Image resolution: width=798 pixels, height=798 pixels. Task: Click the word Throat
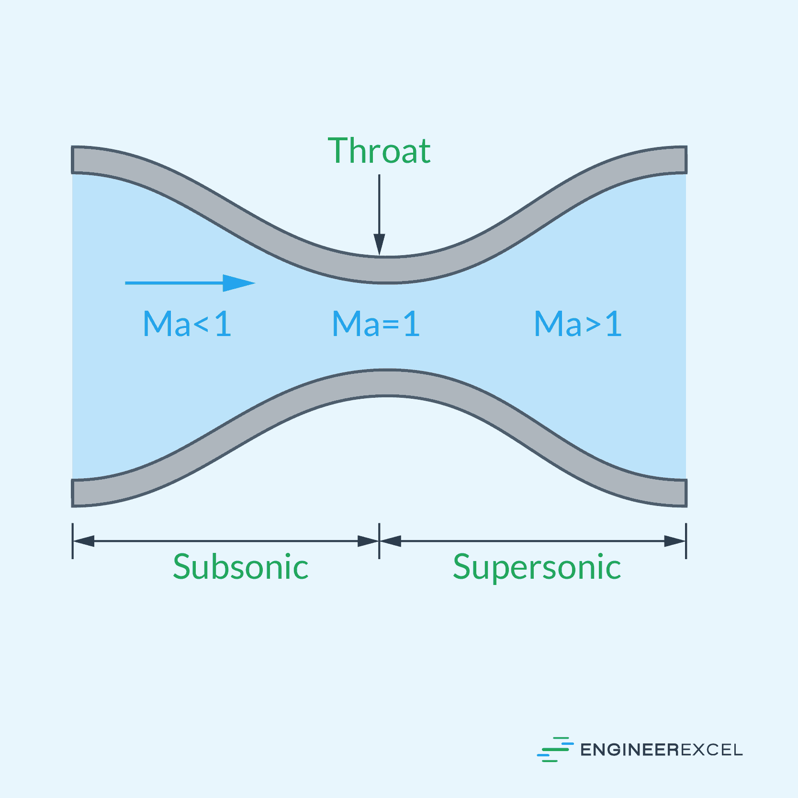click(x=379, y=150)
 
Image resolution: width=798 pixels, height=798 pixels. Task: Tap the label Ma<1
click(x=187, y=324)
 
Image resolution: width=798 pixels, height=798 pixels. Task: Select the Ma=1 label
click(x=376, y=324)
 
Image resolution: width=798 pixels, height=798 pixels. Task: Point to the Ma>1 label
click(x=578, y=324)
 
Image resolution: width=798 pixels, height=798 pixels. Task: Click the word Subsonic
click(x=240, y=567)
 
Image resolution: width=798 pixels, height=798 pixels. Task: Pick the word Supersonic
click(x=537, y=568)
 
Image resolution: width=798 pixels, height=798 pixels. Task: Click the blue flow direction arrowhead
click(x=239, y=283)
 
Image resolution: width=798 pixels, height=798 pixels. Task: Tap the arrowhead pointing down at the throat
click(x=379, y=245)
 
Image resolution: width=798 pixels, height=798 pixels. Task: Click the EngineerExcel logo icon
click(x=555, y=749)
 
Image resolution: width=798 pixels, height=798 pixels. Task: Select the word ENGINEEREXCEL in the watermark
click(x=661, y=750)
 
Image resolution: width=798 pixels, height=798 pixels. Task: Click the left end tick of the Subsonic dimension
click(x=73, y=541)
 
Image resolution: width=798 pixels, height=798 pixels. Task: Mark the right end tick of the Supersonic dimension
click(x=686, y=541)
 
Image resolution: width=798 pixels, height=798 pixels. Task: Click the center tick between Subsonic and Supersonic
click(x=379, y=541)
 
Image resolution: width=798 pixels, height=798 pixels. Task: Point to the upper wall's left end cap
click(x=73, y=160)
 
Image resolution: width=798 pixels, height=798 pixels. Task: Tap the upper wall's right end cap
click(x=686, y=160)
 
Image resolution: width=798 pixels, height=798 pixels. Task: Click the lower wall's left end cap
click(x=73, y=493)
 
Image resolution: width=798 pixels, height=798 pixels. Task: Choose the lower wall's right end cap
click(x=686, y=493)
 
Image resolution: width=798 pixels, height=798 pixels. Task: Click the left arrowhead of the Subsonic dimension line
click(x=84, y=541)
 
